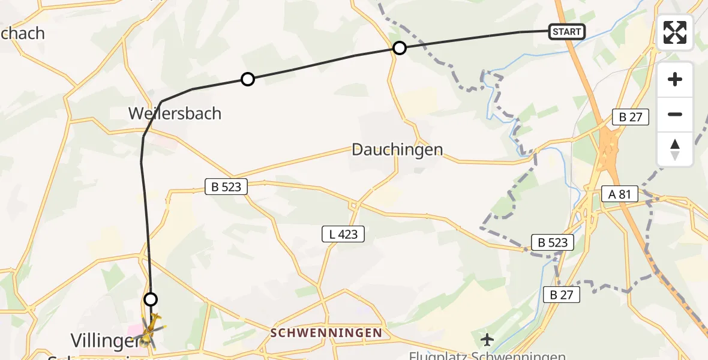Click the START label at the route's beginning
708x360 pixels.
[x=566, y=32]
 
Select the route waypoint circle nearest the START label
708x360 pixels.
[x=399, y=48]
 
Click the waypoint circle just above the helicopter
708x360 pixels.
[x=151, y=299]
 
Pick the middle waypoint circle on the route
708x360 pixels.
[x=247, y=79]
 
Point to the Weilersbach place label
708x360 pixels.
[x=175, y=113]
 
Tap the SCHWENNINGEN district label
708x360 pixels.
[x=326, y=332]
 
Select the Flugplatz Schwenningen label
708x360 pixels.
[x=487, y=355]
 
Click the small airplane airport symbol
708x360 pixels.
[x=487, y=340]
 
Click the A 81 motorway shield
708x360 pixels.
[x=620, y=194]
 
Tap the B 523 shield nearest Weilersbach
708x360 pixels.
[x=226, y=187]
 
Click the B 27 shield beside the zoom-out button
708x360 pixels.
[x=630, y=117]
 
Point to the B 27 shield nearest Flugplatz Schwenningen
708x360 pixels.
[x=561, y=294]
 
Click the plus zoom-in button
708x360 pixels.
[x=675, y=79]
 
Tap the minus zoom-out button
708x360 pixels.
[x=675, y=114]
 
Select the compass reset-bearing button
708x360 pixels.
[x=675, y=149]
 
